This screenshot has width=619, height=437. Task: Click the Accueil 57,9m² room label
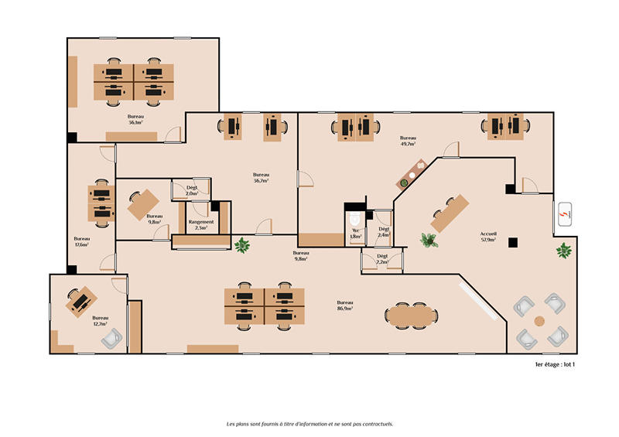click(x=488, y=236)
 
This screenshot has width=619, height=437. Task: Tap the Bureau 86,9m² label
click(x=344, y=305)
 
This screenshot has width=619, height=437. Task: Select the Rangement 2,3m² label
click(x=201, y=225)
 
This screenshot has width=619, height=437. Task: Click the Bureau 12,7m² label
click(x=101, y=321)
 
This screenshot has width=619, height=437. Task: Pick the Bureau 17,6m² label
click(x=81, y=243)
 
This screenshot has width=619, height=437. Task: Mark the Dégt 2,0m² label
click(x=192, y=190)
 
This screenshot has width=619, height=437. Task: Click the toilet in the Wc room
click(x=355, y=219)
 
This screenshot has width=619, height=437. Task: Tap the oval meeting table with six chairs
click(x=411, y=315)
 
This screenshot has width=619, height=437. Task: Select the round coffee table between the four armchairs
click(x=539, y=320)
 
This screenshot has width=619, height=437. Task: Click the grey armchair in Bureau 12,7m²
click(x=112, y=336)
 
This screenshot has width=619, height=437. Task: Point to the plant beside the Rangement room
click(x=242, y=245)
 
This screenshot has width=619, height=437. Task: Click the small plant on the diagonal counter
click(x=403, y=183)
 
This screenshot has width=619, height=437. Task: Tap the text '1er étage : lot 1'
click(x=555, y=364)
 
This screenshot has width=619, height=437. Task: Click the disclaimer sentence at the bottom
click(x=309, y=424)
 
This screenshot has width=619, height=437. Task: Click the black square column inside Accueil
click(x=512, y=243)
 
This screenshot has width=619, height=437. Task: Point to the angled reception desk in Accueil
click(x=450, y=213)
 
